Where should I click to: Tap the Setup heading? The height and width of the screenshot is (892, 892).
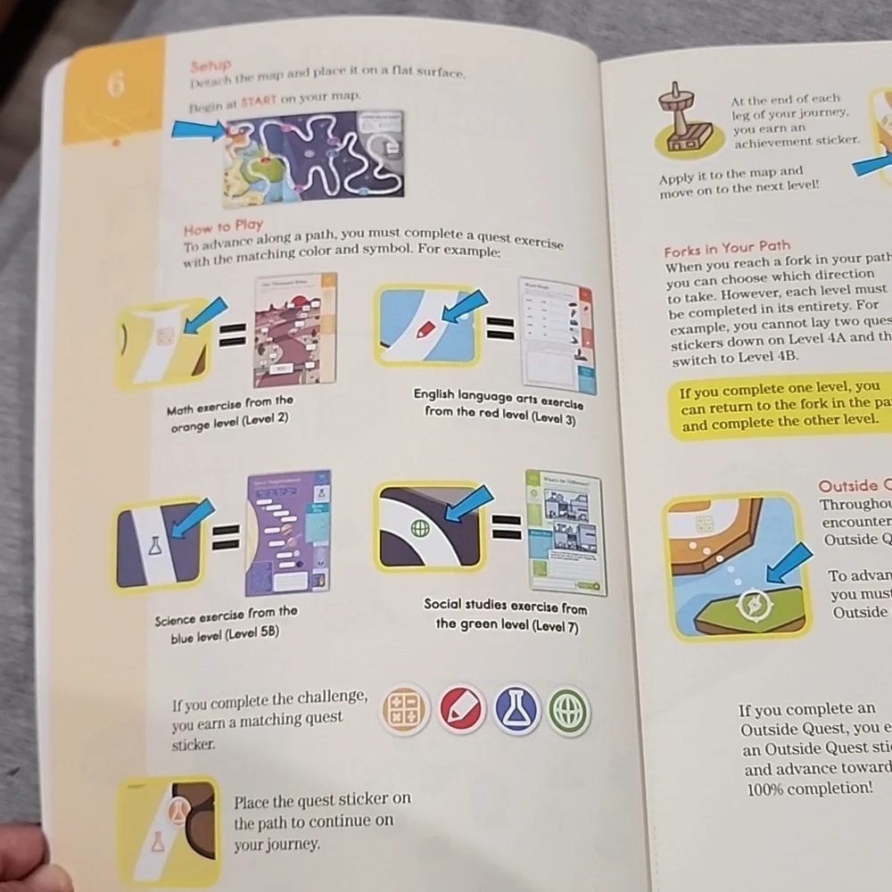pyautogui.click(x=211, y=66)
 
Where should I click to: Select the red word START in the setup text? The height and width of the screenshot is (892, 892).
pyautogui.click(x=260, y=102)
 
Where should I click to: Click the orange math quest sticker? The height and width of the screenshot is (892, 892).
pyautogui.click(x=405, y=711)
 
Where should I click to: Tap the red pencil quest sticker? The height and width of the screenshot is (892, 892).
pyautogui.click(x=462, y=711)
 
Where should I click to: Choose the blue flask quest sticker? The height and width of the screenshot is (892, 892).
pyautogui.click(x=516, y=711)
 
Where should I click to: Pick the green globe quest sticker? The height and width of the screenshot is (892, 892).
pyautogui.click(x=568, y=713)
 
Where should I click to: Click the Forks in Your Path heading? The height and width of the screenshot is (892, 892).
pyautogui.click(x=727, y=249)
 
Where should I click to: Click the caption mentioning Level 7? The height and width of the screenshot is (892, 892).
pyautogui.click(x=506, y=615)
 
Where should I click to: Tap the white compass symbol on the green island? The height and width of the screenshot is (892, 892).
pyautogui.click(x=752, y=607)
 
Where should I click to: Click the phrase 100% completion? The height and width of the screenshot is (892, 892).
pyautogui.click(x=797, y=789)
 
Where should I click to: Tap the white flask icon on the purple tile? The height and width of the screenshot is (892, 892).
pyautogui.click(x=154, y=546)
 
